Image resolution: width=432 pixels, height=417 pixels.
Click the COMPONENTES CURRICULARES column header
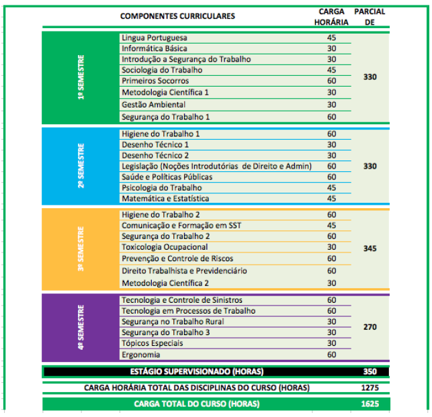177,16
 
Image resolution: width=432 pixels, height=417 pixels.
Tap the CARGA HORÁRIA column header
331,17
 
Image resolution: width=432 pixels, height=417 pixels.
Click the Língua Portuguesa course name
155,38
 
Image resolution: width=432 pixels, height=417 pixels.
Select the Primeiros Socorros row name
152,81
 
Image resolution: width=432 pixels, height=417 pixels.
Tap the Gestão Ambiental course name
153,104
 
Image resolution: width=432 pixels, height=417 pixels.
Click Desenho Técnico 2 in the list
155,155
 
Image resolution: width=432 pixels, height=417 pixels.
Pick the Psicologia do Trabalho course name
161,187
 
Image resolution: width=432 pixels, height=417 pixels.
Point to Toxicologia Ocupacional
164,246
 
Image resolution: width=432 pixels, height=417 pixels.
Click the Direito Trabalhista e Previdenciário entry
184,271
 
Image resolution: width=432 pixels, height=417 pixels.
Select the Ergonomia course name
141,354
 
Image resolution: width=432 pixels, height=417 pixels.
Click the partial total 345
370,248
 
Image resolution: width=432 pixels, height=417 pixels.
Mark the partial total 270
370,327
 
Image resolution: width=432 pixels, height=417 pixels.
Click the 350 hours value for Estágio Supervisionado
370,371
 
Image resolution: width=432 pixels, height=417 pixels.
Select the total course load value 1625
370,404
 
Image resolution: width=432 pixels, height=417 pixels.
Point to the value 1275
370,387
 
